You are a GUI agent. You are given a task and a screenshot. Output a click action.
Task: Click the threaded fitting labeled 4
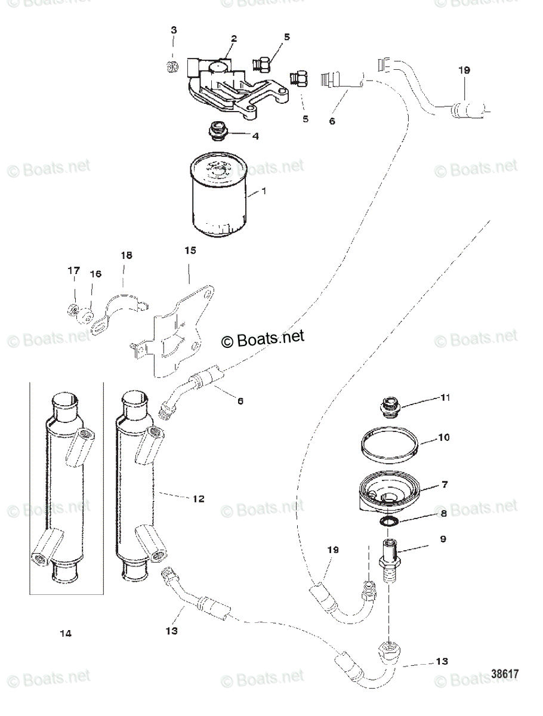pos(217,131)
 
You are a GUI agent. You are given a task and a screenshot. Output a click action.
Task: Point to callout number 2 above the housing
pos(234,39)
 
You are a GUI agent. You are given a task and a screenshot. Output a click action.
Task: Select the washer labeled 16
pos(87,313)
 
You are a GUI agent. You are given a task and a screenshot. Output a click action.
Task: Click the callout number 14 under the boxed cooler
pos(66,633)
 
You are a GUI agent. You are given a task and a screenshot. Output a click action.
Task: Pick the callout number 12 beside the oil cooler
pos(198,499)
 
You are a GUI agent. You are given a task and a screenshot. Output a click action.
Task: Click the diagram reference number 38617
pos(504,672)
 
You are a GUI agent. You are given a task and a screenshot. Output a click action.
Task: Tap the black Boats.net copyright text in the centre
pos(263,338)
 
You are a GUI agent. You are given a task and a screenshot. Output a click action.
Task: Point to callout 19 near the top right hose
pos(464,70)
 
